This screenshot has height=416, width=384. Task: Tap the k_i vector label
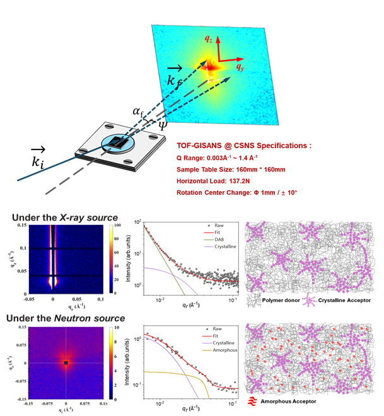[x=37, y=158]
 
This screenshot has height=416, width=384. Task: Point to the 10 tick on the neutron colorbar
[x=110, y=328]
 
